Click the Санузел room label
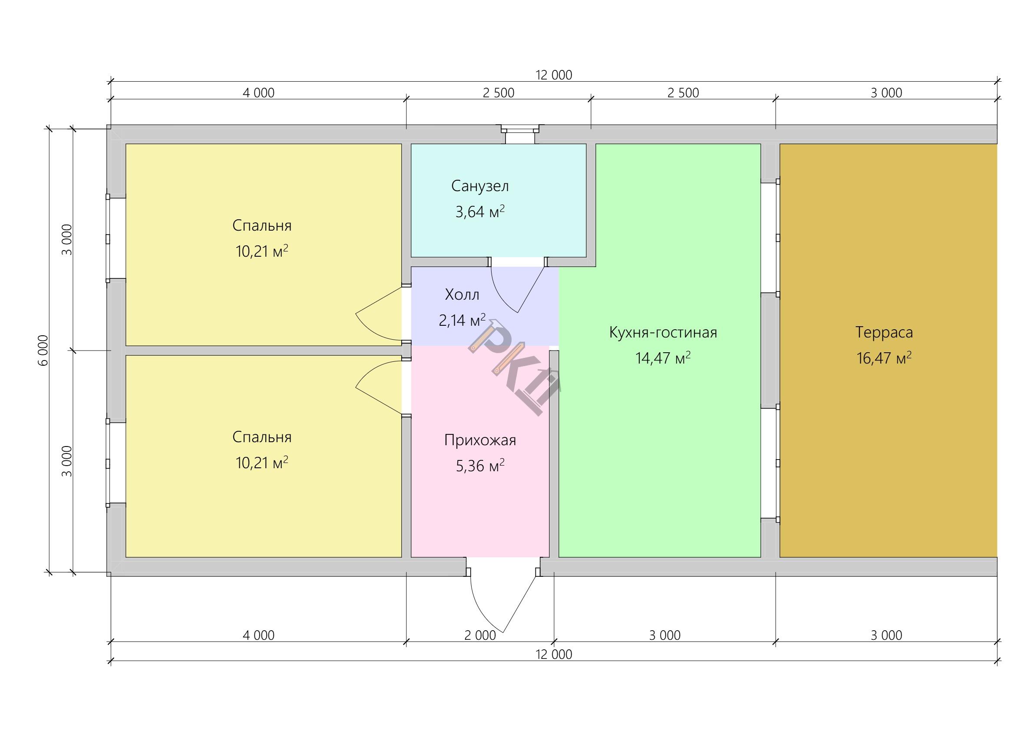pos(479,186)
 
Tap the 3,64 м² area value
pos(479,211)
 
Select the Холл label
pos(462,294)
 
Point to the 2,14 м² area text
pos(462,320)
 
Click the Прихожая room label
pos(480,440)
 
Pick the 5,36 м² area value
pos(480,466)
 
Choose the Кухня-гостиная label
pos(663,332)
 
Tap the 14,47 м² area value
pos(663,358)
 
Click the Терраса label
pos(884,332)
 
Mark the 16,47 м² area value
pos(884,358)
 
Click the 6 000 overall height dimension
pos(43,351)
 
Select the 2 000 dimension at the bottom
pos(480,635)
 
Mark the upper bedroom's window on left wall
pos(108,238)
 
